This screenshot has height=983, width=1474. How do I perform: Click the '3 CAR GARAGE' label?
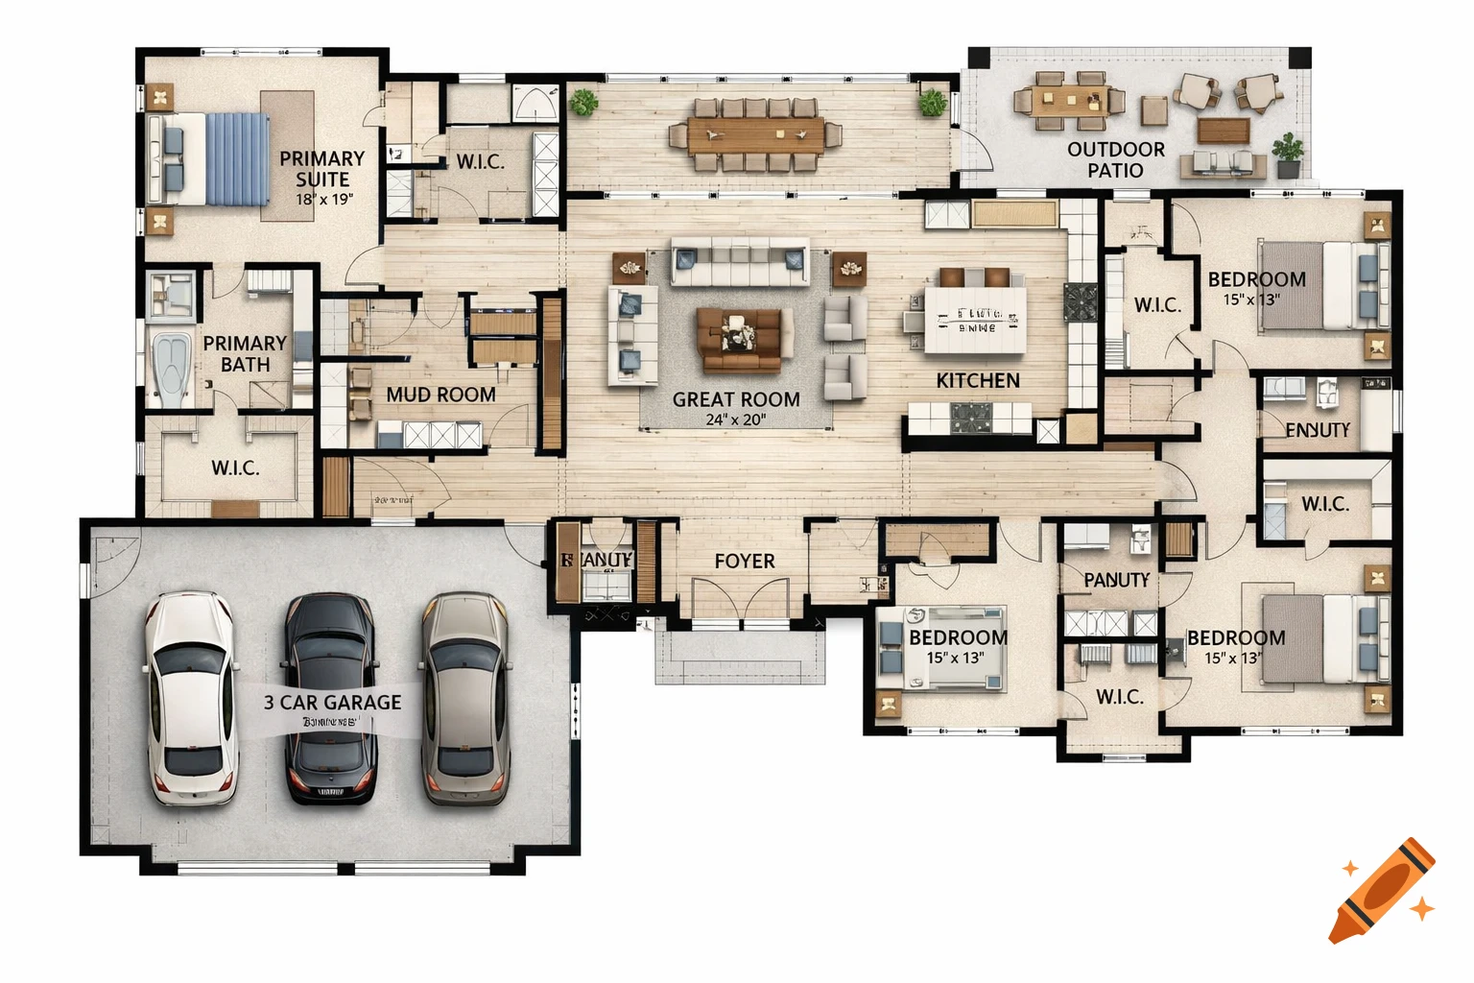point(332,703)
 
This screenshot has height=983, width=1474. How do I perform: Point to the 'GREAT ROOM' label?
point(735,399)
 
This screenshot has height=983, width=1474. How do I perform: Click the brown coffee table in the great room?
point(738,339)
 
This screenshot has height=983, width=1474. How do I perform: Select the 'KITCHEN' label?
point(977,381)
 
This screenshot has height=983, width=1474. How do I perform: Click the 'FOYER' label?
point(744,562)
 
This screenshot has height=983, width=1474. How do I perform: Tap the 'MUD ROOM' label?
point(440,395)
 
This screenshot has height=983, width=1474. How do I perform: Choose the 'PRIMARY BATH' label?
point(245,353)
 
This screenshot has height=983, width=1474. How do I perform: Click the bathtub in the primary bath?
point(172,369)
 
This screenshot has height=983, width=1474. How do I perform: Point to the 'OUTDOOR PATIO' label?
point(1115,159)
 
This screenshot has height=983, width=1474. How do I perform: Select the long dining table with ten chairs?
point(754,135)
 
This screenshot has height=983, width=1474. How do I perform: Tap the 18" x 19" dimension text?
point(323,200)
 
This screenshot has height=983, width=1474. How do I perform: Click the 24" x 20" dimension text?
point(735,420)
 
